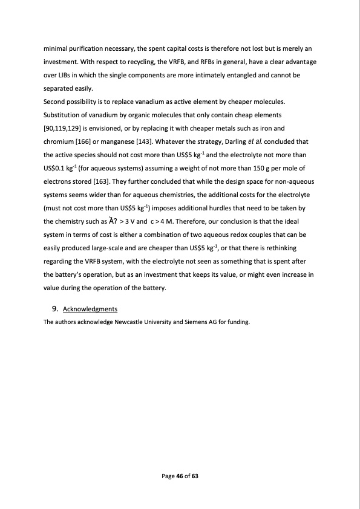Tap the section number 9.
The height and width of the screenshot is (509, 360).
tap(56, 310)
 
